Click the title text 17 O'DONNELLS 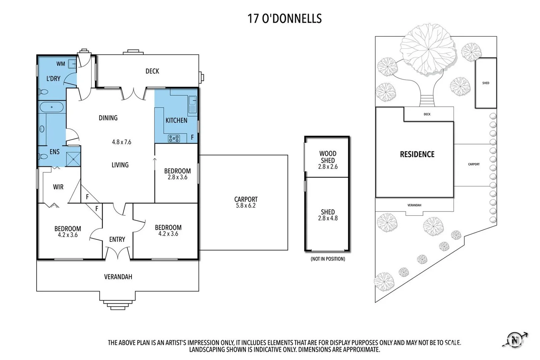[285, 18]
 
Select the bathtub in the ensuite [52, 107]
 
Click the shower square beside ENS [73, 159]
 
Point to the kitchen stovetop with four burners [173, 138]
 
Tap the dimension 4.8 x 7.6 [121, 142]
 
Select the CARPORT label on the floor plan [246, 199]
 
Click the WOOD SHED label [328, 157]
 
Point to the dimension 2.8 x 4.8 [328, 218]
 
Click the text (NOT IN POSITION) [328, 259]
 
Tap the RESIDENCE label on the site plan [417, 154]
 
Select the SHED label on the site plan [486, 83]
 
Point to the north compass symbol [515, 340]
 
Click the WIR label [58, 187]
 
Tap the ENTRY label [117, 239]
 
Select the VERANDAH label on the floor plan [118, 277]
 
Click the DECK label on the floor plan [152, 71]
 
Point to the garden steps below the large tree [427, 101]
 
